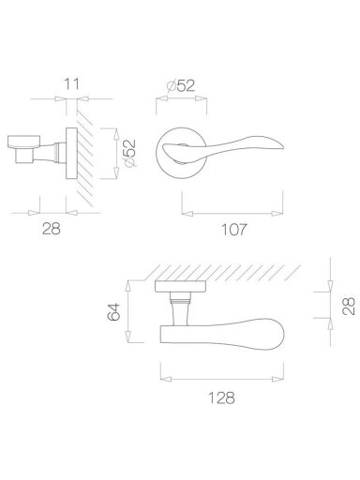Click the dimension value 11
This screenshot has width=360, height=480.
coord(72,84)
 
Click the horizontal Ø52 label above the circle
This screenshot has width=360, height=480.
coord(181,85)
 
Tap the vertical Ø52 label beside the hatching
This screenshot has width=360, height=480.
coord(129,153)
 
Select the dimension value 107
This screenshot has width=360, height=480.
coord(234,230)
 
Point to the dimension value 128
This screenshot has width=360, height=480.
coord(221,397)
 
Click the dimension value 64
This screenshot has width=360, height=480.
coord(113,311)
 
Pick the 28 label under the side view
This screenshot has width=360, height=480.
coord(52,229)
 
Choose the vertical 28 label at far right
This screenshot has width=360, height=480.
coord(349,306)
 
